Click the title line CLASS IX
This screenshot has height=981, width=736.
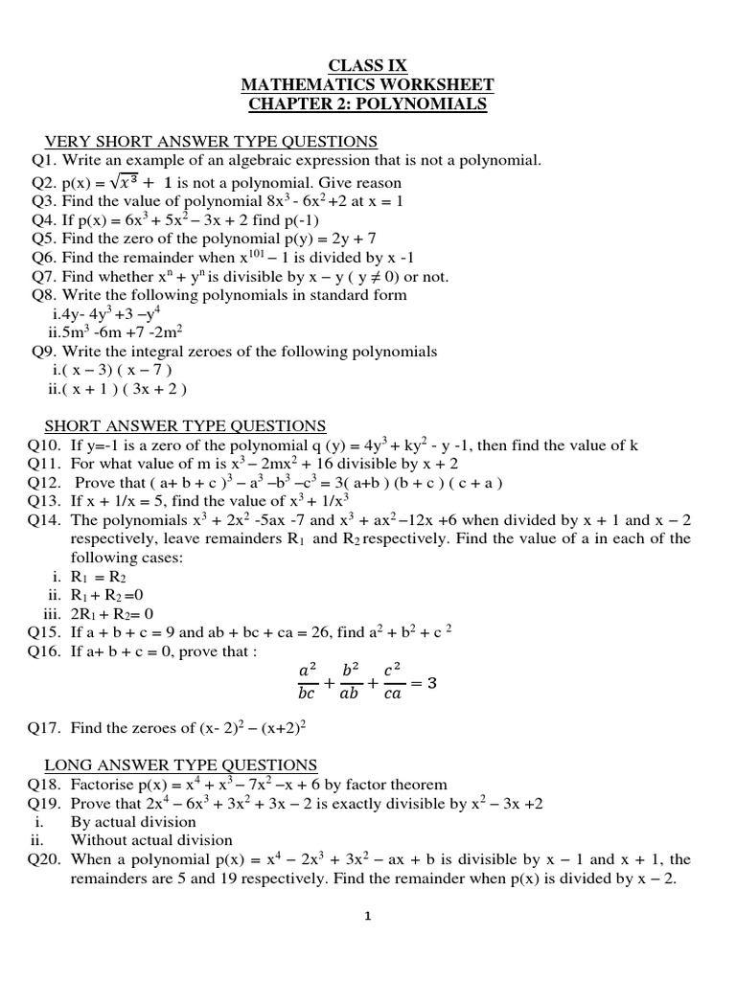coord(368,65)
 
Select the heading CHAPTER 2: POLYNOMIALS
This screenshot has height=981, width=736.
coord(368,103)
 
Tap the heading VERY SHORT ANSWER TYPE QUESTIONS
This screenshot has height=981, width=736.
coord(212,142)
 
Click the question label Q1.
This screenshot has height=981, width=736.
coord(45,161)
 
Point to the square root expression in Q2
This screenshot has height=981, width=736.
coord(128,182)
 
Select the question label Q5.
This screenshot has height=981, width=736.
coord(45,238)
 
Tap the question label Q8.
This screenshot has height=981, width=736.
coord(45,295)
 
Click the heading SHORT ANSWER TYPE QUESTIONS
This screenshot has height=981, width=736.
coord(186,425)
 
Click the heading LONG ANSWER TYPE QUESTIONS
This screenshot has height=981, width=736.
coord(181,764)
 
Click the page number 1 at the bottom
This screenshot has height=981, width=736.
coord(368,916)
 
